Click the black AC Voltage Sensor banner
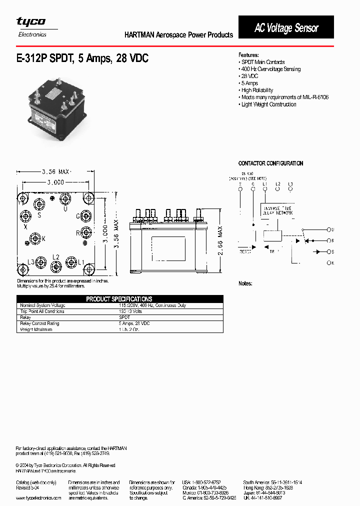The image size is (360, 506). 286,27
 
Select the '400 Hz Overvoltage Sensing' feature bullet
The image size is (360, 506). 270,69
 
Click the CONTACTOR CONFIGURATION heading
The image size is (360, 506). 270,163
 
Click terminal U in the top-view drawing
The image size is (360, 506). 64,199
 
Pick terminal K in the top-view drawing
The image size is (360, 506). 35,238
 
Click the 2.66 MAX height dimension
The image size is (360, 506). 220,241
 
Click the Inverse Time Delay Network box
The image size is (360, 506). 277,210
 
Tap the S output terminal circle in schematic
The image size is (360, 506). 328,251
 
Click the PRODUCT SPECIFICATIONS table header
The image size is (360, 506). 119,299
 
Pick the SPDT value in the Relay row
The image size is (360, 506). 124,317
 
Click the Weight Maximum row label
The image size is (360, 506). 36,330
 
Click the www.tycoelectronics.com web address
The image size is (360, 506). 38,498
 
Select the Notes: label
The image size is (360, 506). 245,283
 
